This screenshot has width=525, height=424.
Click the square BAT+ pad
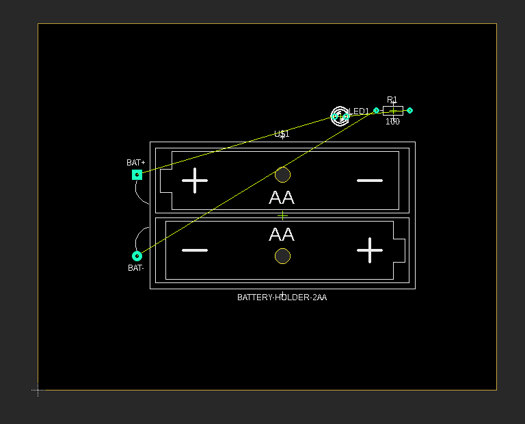137,175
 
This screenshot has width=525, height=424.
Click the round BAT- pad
137,256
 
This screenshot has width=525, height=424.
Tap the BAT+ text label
136,163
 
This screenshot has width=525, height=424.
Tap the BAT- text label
136,268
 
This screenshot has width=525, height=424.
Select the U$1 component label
282,134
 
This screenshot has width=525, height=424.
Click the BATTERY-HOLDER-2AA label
282,297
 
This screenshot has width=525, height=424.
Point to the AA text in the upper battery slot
282,198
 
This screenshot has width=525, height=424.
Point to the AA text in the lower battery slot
282,235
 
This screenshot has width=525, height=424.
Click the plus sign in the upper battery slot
195,181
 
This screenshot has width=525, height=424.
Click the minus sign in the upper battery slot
370,181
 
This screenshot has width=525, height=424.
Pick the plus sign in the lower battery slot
370,250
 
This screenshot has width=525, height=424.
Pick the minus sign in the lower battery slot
195,250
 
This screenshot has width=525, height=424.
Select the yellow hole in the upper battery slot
282,175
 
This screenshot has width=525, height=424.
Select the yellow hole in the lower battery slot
282,256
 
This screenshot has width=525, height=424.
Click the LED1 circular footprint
340,116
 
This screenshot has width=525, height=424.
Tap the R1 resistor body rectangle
392,110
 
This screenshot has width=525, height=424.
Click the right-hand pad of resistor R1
409,110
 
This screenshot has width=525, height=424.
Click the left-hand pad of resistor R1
376,110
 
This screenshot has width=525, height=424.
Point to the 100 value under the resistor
392,122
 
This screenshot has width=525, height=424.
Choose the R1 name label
392,100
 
